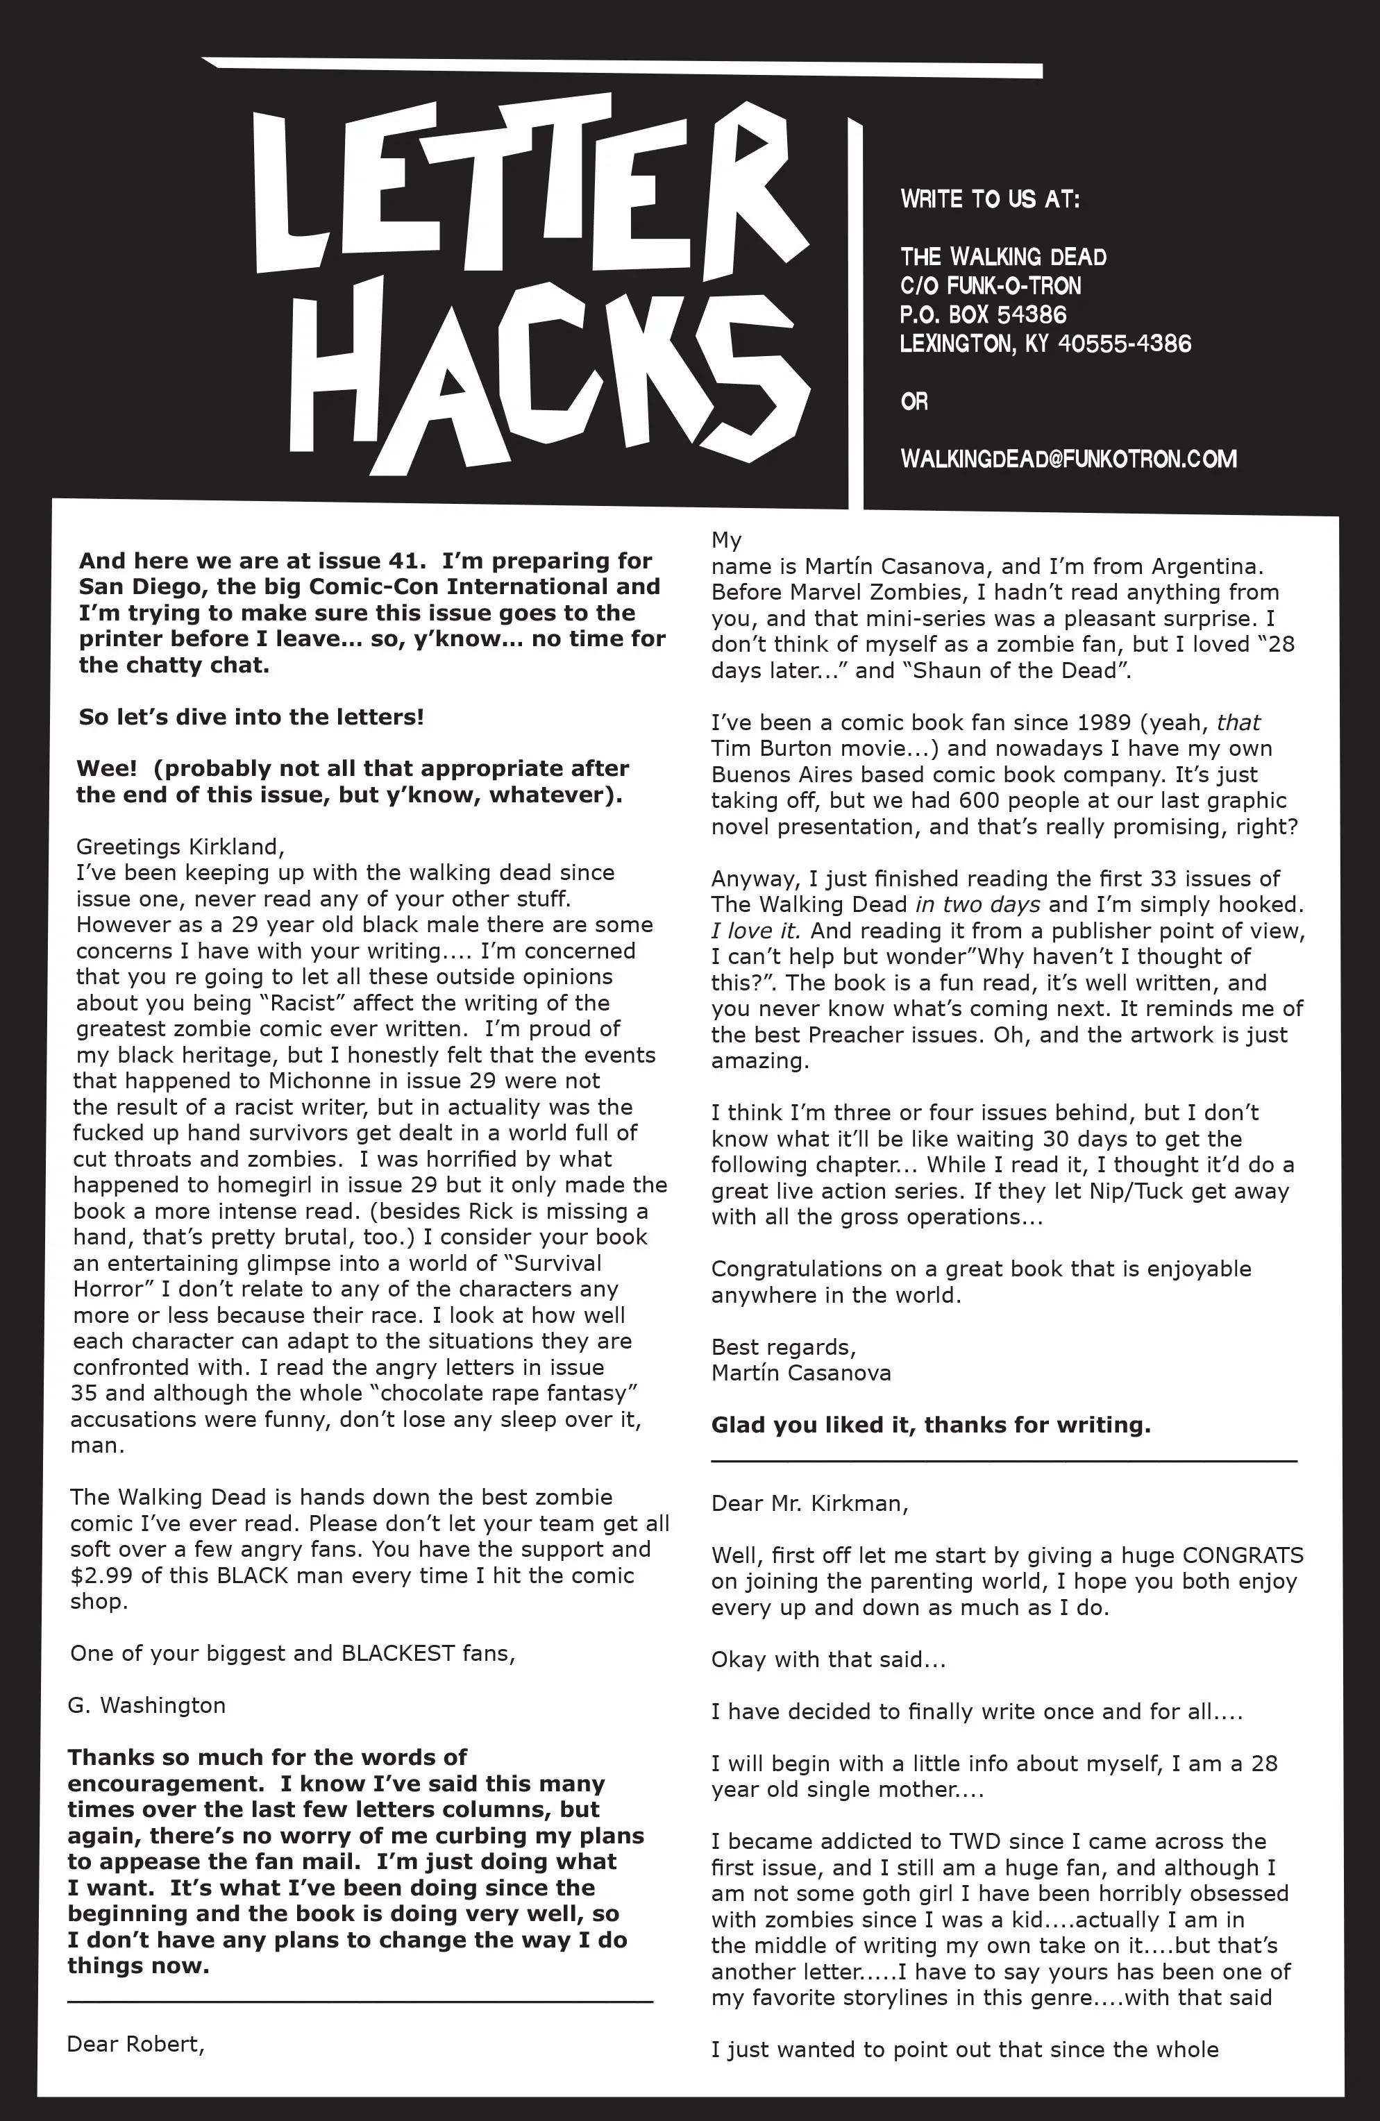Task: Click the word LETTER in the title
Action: pos(526,187)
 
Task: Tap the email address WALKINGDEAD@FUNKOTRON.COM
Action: pos(1068,459)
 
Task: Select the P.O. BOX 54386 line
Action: pos(982,314)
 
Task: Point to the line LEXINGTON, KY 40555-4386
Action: pos(1045,344)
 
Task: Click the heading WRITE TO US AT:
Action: pos(990,198)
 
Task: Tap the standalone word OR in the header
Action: pos(914,402)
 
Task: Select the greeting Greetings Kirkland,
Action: pos(180,846)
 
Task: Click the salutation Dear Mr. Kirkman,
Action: pos(809,1503)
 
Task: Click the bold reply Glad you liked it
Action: pos(929,1425)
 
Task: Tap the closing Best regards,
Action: pos(783,1346)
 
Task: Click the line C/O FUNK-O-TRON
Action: pos(990,286)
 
